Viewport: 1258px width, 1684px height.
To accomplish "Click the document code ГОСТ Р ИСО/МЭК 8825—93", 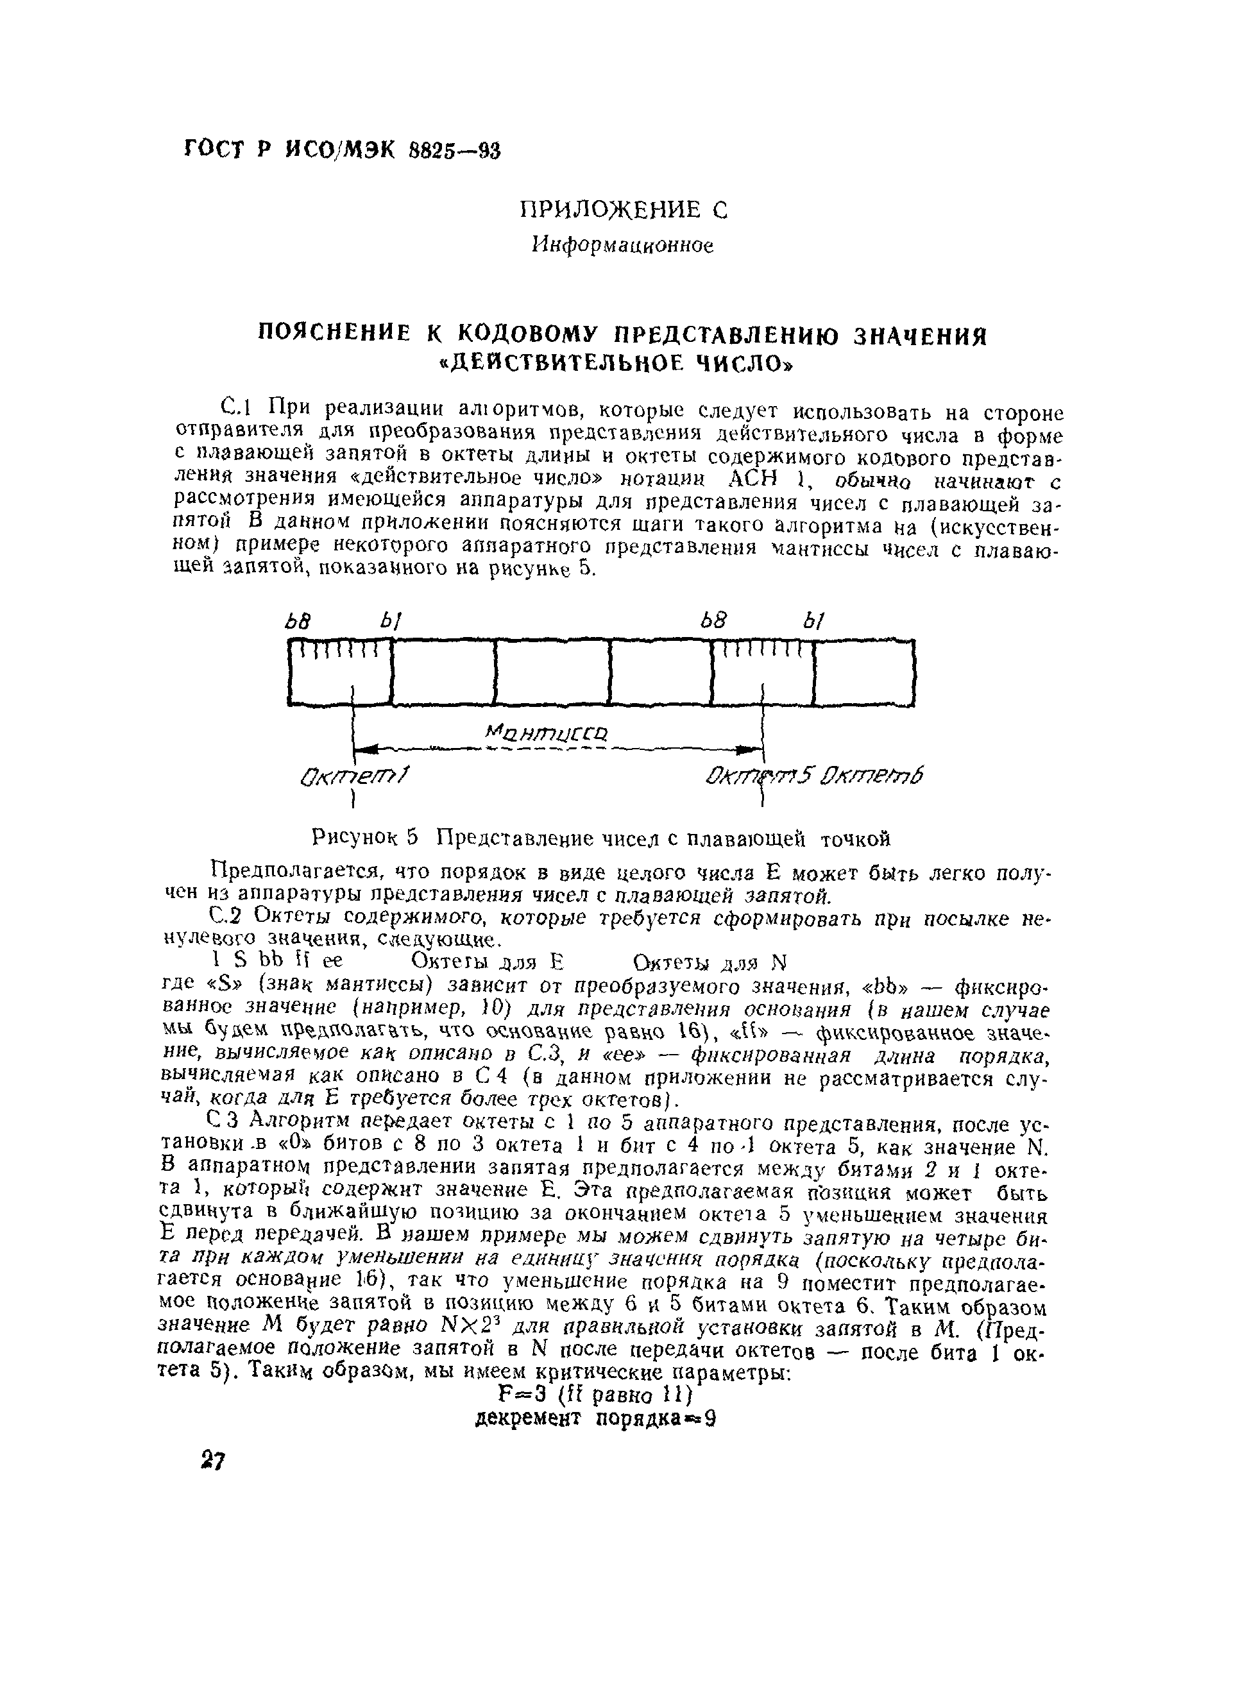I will [342, 149].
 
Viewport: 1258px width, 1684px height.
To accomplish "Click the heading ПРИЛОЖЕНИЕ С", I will [623, 209].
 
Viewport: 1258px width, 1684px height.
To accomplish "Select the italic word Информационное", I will [623, 245].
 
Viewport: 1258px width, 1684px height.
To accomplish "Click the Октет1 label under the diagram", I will [355, 778].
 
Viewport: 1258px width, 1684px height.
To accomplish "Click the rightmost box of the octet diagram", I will [863, 673].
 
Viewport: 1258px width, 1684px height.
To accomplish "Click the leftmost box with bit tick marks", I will [339, 673].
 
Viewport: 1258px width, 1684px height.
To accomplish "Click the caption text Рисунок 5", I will [366, 839].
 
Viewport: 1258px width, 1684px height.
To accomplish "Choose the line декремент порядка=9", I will [595, 1418].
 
